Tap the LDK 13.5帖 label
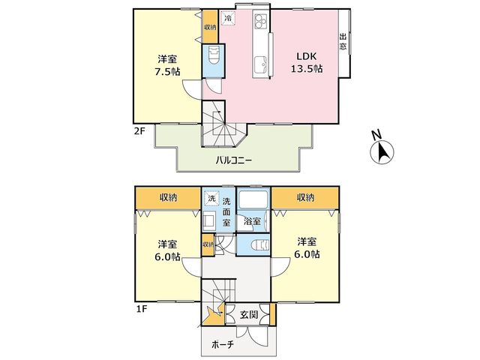(307, 62)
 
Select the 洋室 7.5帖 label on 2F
(167, 65)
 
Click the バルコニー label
(234, 160)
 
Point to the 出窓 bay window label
(343, 42)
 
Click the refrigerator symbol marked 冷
(228, 18)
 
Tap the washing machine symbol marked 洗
(211, 198)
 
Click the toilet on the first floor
(259, 245)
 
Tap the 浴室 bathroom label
(252, 221)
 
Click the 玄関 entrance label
(248, 314)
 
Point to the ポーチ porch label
(223, 345)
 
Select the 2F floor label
(139, 132)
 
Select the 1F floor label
(141, 309)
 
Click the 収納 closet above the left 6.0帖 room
(168, 197)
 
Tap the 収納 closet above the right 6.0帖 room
(305, 197)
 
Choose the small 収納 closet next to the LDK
(210, 27)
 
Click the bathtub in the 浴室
(253, 200)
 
